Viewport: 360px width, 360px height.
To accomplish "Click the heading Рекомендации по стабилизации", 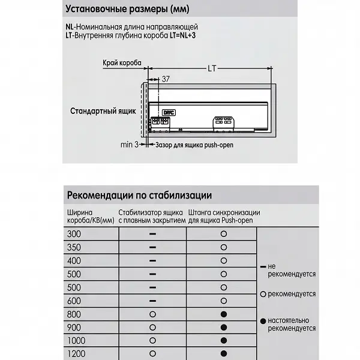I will [x=139, y=196].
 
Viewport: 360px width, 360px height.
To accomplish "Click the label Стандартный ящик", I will [x=103, y=111].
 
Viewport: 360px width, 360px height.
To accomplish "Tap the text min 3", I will [x=129, y=145].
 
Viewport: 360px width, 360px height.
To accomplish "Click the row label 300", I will [x=74, y=233].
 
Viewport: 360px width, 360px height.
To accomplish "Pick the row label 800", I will [x=74, y=314].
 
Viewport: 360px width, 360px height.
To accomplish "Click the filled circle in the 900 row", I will [x=223, y=328].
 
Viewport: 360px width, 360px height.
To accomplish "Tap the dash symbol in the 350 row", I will [x=152, y=247].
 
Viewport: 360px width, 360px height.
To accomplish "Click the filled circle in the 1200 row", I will [x=223, y=354].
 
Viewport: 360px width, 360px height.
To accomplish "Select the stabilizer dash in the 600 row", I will [x=152, y=301].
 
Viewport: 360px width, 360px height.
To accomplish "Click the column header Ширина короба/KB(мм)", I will [x=90, y=217].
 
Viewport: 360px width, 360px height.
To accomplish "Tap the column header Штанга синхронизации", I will [x=224, y=212].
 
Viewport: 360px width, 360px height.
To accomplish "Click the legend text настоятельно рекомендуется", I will [x=292, y=324].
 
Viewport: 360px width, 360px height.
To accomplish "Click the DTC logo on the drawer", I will [x=169, y=112].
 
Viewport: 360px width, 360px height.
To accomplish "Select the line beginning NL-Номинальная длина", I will [x=132, y=27].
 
